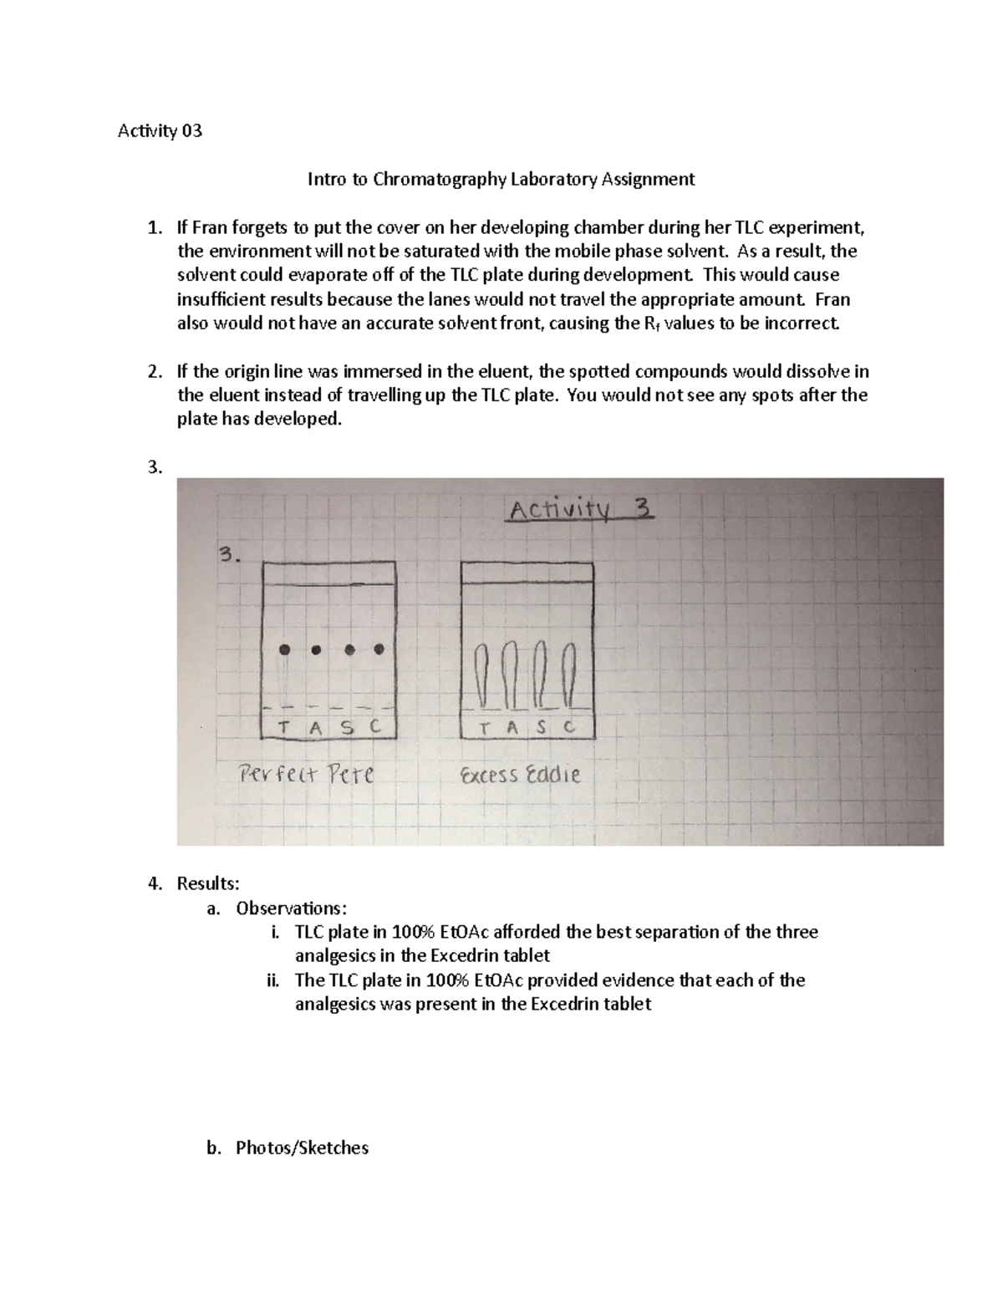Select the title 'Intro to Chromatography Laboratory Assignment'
coord(501,179)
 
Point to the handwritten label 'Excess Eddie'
coord(520,775)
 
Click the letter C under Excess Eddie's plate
coord(570,726)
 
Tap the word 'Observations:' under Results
coord(290,908)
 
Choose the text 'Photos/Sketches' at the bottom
coord(302,1148)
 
